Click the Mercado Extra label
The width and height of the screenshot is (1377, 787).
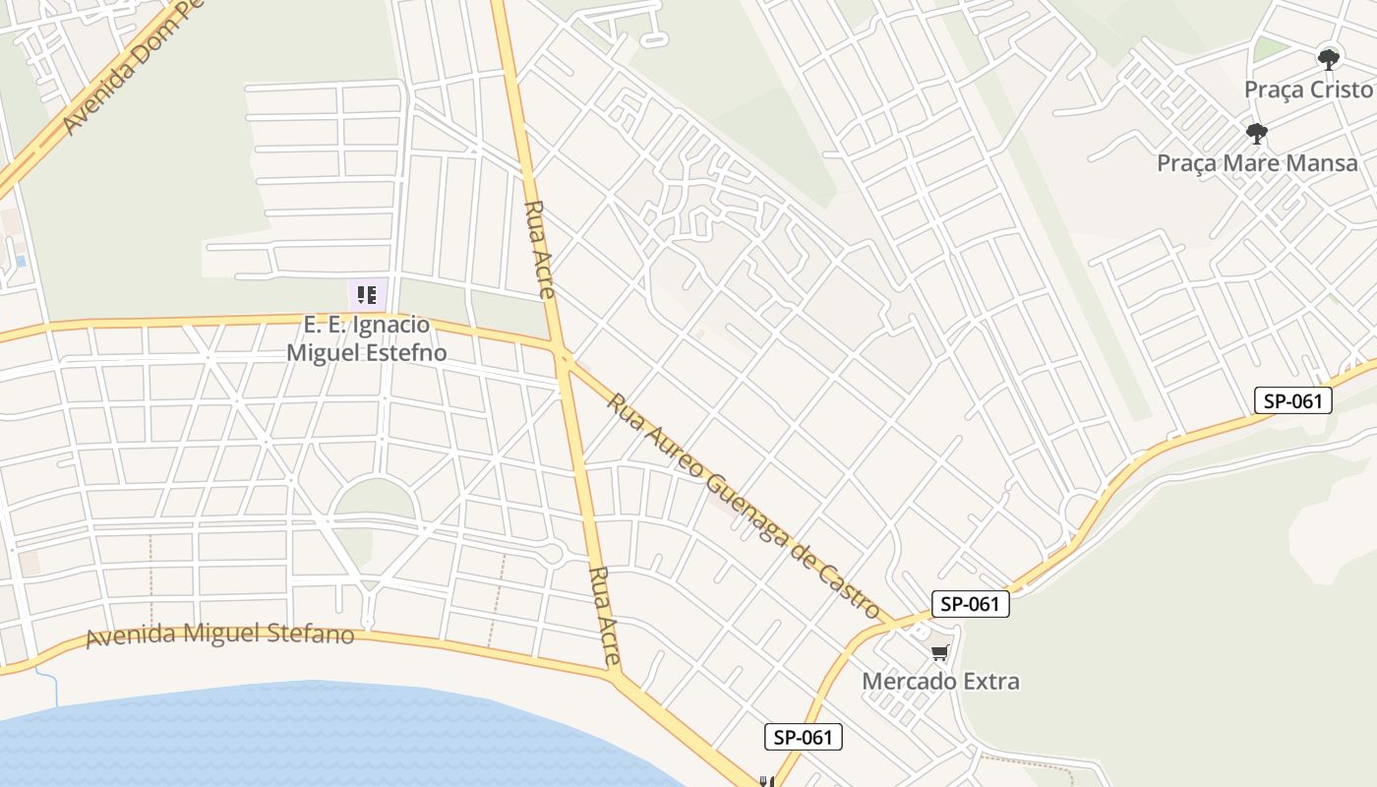click(940, 681)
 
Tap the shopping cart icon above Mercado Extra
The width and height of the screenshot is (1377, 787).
click(940, 652)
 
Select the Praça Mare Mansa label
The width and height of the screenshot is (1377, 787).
click(1257, 163)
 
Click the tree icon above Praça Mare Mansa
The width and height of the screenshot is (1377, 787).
click(1256, 133)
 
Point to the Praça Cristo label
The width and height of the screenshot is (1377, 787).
click(1307, 90)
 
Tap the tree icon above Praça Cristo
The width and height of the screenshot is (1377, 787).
click(1329, 59)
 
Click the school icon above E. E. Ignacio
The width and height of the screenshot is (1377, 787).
click(367, 294)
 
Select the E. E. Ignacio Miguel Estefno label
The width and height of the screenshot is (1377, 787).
click(366, 338)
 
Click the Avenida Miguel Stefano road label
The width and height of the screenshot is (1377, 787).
click(219, 636)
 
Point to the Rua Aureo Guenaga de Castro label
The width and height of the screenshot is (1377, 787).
click(742, 501)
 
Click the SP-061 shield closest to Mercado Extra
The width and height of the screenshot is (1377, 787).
click(970, 604)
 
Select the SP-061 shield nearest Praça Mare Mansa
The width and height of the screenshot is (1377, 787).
click(1292, 400)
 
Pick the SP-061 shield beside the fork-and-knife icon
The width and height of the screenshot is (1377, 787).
click(804, 737)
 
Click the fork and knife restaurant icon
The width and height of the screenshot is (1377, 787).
click(767, 782)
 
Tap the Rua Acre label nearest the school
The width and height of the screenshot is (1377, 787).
click(541, 249)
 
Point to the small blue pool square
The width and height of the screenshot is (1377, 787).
click(21, 262)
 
